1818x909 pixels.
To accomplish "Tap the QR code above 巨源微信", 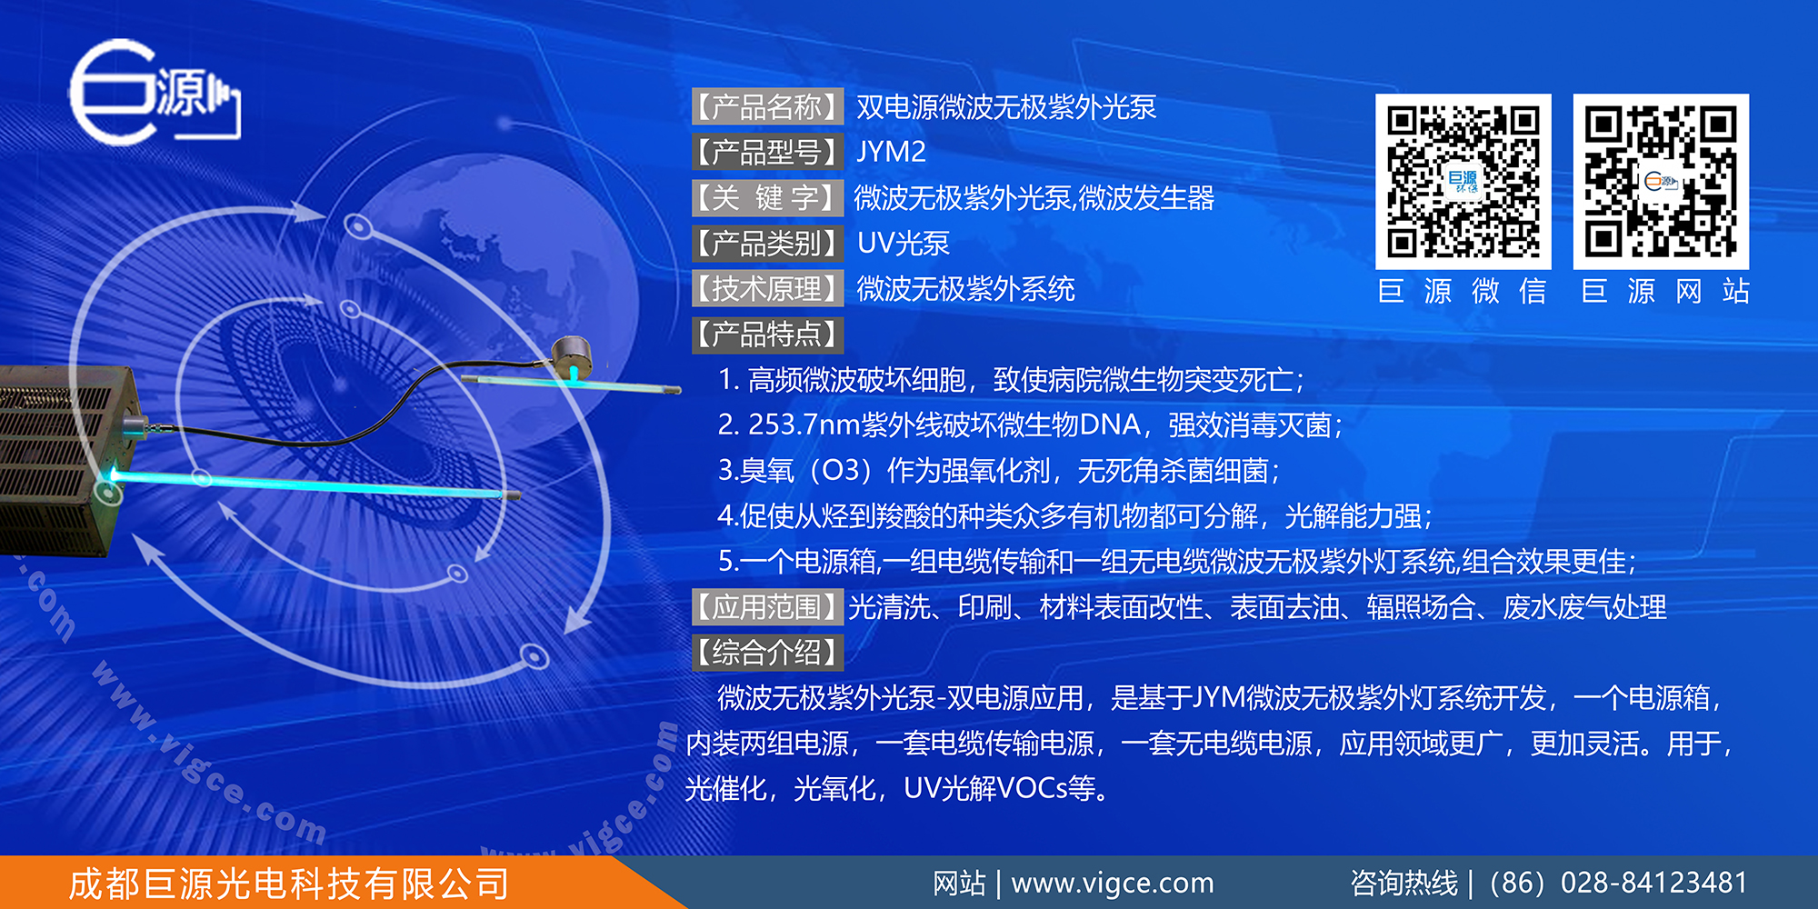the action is pos(1463,181).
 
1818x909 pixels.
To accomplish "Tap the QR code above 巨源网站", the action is pos(1661,181).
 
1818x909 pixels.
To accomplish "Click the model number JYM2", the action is pos(891,152).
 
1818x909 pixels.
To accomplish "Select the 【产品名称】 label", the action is pos(767,107).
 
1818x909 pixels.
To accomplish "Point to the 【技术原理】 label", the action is pos(767,289).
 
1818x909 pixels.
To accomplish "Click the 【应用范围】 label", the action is pos(767,607).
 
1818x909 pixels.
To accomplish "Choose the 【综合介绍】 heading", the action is pos(767,653).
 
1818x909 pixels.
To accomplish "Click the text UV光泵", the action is pos(904,244).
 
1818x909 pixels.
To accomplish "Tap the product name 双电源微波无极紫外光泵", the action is pos(1006,107).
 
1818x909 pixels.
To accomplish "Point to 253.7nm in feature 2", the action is pos(804,425).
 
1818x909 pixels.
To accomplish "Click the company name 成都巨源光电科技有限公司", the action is pos(289,884).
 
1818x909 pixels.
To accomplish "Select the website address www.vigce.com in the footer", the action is pos(1113,883).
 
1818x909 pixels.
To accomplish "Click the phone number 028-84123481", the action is pos(1653,883).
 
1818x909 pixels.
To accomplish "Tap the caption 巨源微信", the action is pos(1463,291).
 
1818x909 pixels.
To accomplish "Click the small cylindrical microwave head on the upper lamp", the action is pos(574,355).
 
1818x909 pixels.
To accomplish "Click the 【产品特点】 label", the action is pos(767,335).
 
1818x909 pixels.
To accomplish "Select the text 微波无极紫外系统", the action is pos(965,289).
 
